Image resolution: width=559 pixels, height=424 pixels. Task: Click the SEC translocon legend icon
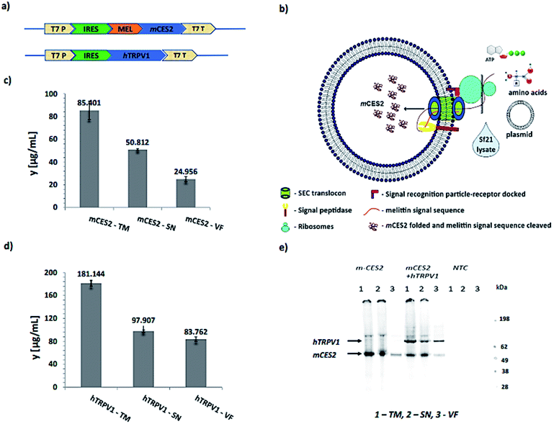point(287,194)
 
